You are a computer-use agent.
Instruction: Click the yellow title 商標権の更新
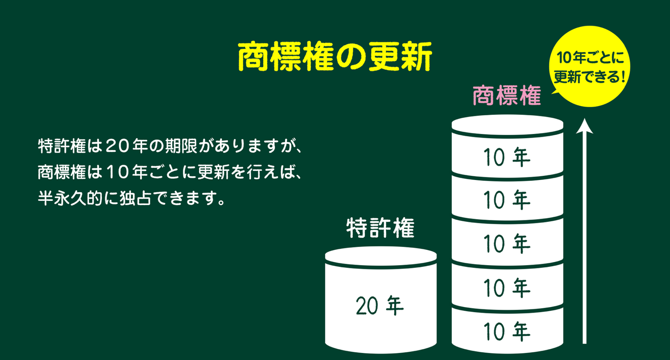pos(335,57)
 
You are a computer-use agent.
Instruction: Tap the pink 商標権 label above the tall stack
pos(507,96)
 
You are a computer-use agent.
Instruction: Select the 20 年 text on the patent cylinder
pos(380,306)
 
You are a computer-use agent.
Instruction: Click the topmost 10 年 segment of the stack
pos(507,157)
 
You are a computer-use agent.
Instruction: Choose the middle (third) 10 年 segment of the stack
pos(507,243)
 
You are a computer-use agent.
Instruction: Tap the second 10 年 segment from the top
pos(507,200)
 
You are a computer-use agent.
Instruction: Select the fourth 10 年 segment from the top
pos(507,287)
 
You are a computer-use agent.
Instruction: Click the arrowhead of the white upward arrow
pos(584,126)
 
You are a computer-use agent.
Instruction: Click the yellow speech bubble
pos(589,67)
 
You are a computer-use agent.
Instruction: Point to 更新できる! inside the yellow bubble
pos(590,77)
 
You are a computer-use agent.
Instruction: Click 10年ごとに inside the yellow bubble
pos(590,57)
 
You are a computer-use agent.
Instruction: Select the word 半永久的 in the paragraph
pos(70,198)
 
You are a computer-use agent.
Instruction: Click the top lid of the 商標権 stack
pos(507,124)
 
